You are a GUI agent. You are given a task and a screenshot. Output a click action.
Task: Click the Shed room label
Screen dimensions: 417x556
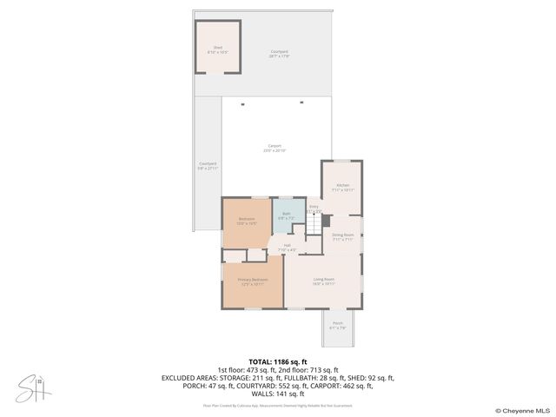(x=217, y=50)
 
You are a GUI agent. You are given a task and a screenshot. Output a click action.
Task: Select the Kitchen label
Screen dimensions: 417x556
(x=342, y=188)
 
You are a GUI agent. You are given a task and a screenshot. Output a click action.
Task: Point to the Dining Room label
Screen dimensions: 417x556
(x=342, y=236)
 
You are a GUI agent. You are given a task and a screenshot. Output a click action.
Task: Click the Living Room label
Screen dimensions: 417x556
(x=323, y=281)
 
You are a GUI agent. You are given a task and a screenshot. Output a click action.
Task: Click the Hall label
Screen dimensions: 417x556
(x=287, y=248)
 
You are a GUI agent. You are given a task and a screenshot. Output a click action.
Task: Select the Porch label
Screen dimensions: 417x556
(x=337, y=326)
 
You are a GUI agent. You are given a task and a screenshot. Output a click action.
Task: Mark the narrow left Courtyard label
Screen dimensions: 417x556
(x=208, y=165)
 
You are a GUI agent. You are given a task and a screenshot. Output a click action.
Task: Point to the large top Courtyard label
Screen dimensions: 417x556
(x=279, y=54)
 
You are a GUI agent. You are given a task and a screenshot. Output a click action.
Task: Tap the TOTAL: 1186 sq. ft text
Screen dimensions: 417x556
(x=277, y=361)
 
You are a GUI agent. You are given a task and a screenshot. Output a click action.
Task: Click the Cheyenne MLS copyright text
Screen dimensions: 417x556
(x=522, y=410)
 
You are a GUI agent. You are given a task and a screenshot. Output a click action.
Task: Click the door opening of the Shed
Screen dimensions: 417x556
(x=217, y=73)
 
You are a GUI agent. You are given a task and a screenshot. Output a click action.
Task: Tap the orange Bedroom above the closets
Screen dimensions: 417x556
(x=247, y=222)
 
